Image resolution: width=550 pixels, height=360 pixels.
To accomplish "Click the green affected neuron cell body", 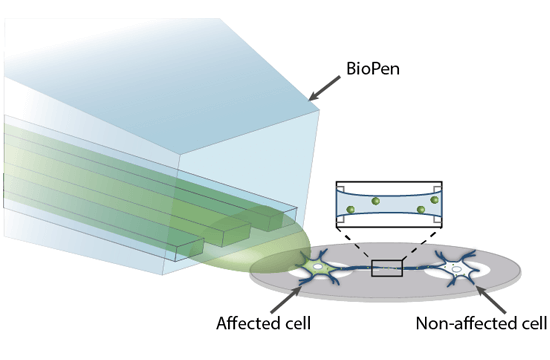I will point(323,268).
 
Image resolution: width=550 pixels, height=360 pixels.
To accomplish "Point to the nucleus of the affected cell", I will point(323,268).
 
